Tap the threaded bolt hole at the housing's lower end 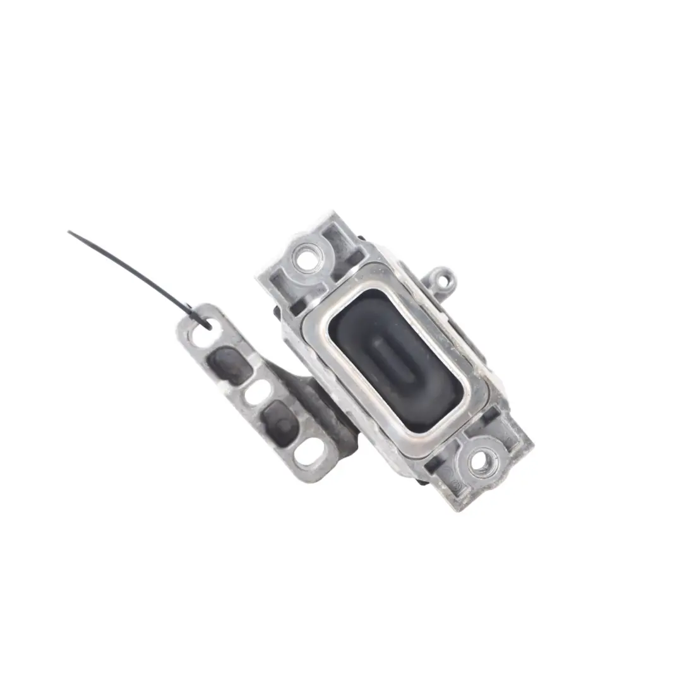(480, 461)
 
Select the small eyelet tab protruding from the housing (444, 278)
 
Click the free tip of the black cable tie (70, 233)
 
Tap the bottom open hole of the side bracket (309, 452)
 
